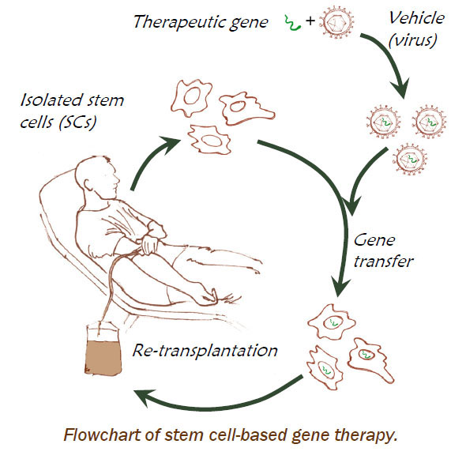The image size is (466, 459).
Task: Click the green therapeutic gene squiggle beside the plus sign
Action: (293, 23)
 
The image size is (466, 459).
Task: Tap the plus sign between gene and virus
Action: (310, 21)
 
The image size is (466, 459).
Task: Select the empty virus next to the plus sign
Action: (337, 21)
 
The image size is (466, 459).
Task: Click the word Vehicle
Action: (416, 18)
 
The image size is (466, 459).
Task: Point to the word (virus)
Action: (413, 40)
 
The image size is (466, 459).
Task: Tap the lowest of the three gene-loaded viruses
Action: (410, 160)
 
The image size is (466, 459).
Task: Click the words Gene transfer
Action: (383, 250)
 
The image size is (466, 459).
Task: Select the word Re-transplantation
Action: (205, 351)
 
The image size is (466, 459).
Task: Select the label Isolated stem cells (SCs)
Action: (72, 111)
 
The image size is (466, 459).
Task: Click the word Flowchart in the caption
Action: (103, 435)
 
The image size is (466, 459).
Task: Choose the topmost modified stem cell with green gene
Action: (332, 322)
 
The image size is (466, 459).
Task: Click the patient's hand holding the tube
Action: (150, 244)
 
